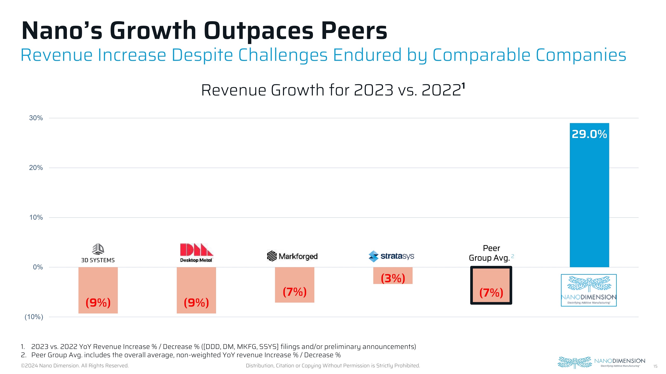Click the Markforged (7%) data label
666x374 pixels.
[295, 292]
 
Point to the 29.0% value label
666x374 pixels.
[589, 134]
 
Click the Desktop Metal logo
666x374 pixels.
[196, 253]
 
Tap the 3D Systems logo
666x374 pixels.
[98, 253]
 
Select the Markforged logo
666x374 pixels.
[292, 256]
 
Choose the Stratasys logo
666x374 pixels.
[391, 256]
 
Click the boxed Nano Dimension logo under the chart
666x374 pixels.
[589, 290]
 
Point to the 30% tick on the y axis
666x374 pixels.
[36, 118]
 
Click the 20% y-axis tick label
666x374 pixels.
[36, 168]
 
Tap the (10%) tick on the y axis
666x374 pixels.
[34, 317]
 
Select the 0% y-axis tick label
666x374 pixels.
[38, 267]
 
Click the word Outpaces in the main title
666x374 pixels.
[258, 31]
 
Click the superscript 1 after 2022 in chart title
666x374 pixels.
[463, 86]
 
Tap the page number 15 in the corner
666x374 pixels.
[655, 367]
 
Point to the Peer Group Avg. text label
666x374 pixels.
[489, 253]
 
